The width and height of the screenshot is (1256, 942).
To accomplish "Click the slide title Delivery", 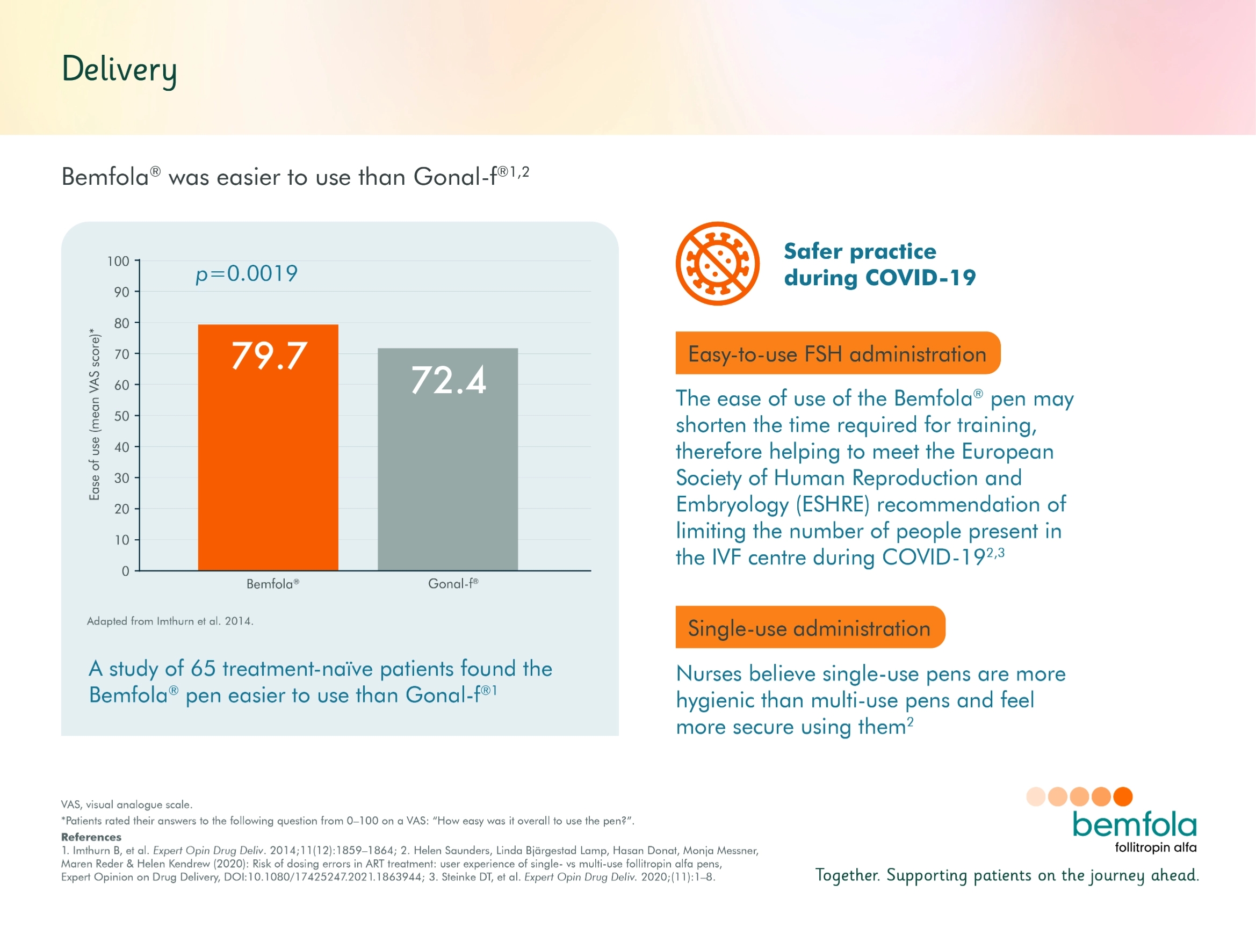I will (x=119, y=70).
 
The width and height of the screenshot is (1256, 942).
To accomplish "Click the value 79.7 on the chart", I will (x=269, y=357).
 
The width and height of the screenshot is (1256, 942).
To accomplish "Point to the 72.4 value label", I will (x=448, y=380).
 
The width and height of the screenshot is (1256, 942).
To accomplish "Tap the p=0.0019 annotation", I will (x=247, y=274).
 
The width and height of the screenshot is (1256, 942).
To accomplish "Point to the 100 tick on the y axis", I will (x=118, y=261).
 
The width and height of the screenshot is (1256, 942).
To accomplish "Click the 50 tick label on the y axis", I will (x=121, y=416).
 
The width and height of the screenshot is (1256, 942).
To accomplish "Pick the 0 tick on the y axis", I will (x=126, y=571).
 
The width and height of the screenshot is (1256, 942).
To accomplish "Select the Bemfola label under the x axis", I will (x=272, y=584).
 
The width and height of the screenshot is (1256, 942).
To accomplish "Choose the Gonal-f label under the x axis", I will (x=453, y=584).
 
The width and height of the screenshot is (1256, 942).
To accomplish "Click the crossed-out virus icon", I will (x=717, y=264).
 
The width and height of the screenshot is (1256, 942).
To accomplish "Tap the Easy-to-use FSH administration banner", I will (x=837, y=353).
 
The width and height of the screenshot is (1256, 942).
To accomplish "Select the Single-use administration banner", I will (x=810, y=627).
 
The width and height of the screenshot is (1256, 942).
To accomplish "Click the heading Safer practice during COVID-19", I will (x=879, y=264).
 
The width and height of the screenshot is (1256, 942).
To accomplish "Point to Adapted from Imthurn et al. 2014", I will (x=170, y=621).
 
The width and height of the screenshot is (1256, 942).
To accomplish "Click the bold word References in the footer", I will (x=91, y=837).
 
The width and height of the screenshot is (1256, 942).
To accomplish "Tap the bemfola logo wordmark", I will (x=1134, y=825).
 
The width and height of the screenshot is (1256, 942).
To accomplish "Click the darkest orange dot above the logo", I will (x=1123, y=796).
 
